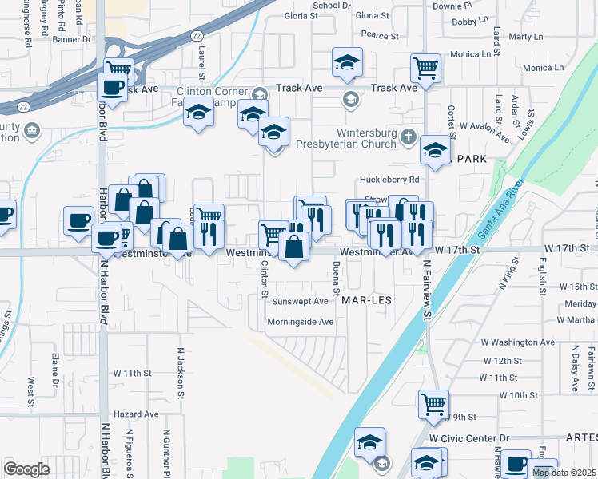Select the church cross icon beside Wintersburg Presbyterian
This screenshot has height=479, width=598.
coord(409,137)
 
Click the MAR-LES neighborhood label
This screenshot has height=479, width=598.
coord(365,302)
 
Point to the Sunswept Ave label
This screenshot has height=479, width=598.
coord(300,302)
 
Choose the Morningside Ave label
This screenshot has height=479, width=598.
coord(300,322)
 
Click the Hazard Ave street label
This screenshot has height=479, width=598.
coord(136,414)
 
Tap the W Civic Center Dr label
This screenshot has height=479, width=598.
coord(468,438)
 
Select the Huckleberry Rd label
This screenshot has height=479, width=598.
coord(389,180)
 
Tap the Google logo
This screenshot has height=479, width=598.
coord(26,469)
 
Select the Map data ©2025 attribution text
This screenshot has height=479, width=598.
coord(564,473)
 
